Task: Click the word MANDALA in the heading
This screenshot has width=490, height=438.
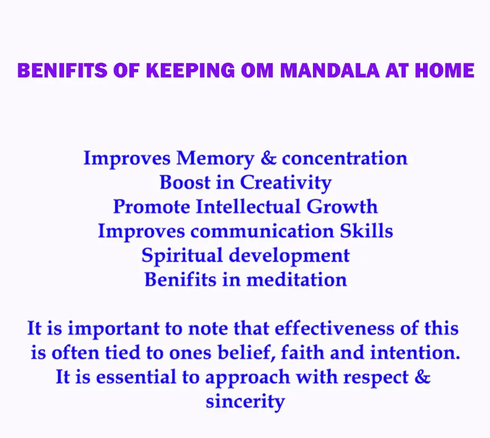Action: (x=330, y=70)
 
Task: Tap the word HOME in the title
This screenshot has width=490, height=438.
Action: (x=445, y=70)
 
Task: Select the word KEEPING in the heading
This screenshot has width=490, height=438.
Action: (x=190, y=70)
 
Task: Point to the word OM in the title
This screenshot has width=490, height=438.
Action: (x=257, y=70)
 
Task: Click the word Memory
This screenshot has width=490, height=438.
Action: (x=215, y=159)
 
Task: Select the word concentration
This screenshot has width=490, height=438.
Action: (x=345, y=158)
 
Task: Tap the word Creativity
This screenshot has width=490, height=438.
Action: (x=286, y=183)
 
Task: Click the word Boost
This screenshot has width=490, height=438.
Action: (x=185, y=182)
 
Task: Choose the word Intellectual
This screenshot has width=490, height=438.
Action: (x=248, y=207)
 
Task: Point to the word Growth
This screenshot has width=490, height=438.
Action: (x=342, y=207)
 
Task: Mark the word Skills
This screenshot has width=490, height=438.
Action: (x=366, y=231)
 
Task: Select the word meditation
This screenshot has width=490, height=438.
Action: (x=297, y=280)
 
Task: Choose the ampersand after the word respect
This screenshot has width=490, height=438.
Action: (x=423, y=377)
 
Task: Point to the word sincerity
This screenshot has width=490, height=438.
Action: (x=245, y=402)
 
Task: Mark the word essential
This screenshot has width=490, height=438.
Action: (x=136, y=377)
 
